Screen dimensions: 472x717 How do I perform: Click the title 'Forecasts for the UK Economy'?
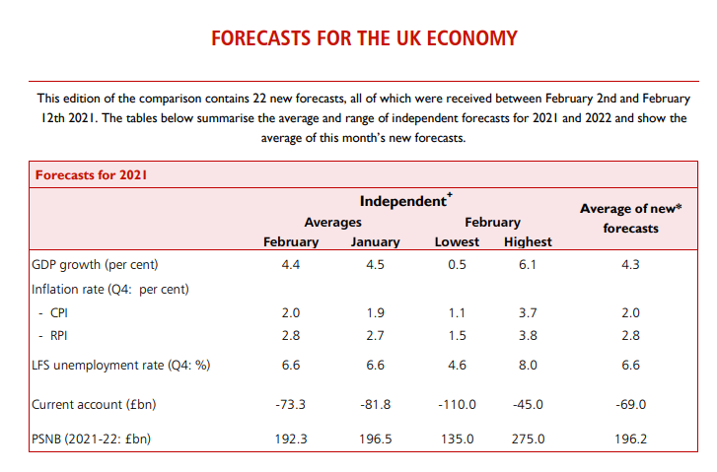364,39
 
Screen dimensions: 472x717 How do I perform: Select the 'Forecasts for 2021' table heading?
93,175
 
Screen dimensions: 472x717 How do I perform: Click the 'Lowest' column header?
457,241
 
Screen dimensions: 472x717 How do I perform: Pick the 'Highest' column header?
528,241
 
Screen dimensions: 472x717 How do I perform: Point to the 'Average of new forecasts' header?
630,218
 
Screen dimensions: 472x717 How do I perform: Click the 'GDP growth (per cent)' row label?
95,265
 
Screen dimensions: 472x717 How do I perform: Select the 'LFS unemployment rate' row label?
121,366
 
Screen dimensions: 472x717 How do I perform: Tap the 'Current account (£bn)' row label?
93,404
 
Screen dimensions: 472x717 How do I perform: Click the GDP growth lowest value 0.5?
457,265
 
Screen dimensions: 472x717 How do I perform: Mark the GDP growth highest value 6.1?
528,265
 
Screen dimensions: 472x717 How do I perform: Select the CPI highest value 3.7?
528,313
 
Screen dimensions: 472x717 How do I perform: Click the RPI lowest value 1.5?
457,337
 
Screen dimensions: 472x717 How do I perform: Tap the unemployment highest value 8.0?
528,366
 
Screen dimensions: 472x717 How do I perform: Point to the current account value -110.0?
457,404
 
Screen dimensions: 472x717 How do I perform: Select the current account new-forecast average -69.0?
630,404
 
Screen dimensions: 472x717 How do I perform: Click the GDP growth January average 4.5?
375,265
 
